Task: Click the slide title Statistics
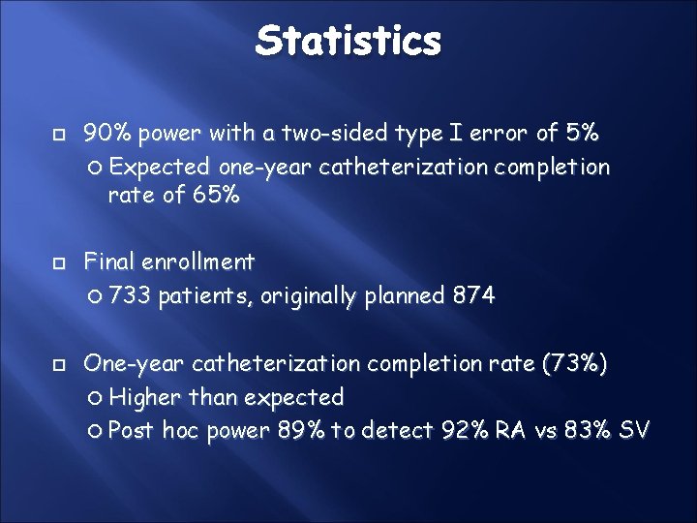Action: point(348,41)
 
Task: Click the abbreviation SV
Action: point(635,430)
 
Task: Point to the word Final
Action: point(110,261)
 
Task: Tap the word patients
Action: point(201,295)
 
